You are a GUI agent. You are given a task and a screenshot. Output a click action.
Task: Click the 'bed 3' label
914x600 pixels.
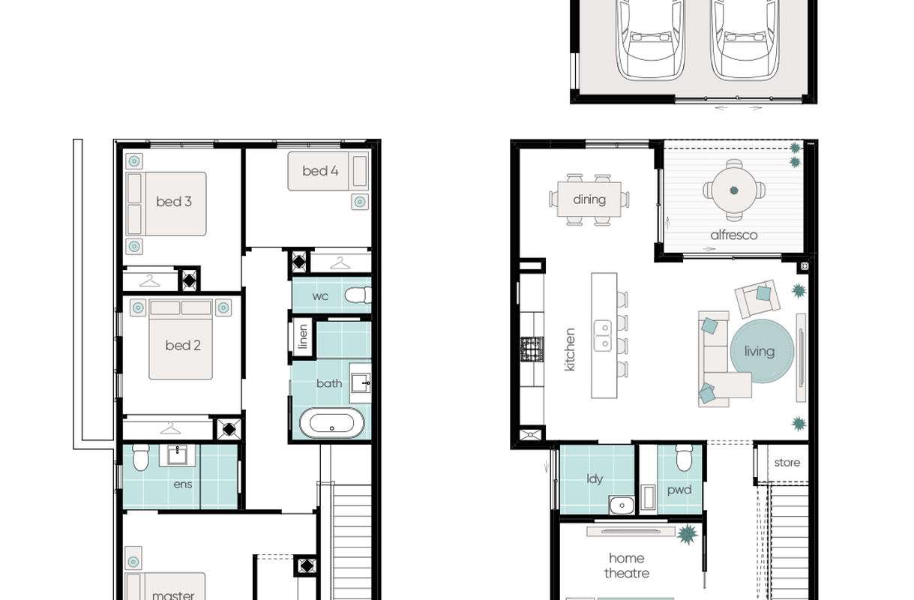[x=174, y=201]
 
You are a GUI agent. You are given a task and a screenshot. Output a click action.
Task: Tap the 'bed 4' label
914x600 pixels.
[x=320, y=170]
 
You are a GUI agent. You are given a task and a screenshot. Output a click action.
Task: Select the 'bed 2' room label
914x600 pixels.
[x=183, y=345]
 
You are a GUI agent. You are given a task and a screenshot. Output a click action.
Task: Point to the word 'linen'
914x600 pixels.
[x=303, y=337]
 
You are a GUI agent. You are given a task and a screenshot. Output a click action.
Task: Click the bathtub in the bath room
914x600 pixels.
[x=331, y=423]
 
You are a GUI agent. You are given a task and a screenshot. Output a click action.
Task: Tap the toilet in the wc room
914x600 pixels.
[x=358, y=295]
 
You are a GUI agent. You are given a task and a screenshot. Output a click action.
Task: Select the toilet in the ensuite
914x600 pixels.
[x=141, y=457]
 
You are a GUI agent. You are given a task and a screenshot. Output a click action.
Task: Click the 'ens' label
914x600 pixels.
[x=182, y=484]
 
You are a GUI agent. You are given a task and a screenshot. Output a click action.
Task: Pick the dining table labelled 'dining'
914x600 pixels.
[x=589, y=199]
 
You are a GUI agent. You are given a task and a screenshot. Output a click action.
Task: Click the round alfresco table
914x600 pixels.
[x=734, y=190]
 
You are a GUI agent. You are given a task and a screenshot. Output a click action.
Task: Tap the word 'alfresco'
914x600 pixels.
[x=733, y=235]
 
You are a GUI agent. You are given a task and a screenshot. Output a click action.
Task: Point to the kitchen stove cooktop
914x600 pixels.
[x=532, y=349]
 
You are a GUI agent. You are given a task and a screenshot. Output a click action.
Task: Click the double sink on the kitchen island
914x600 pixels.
[x=603, y=336]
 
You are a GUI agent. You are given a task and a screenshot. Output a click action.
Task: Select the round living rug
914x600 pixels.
[x=762, y=351]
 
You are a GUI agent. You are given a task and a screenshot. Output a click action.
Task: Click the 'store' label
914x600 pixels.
[x=787, y=463]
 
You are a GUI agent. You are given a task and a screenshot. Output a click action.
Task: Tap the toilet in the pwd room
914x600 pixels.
[x=685, y=457]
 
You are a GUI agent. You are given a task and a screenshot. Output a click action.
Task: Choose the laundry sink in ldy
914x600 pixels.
[x=622, y=505]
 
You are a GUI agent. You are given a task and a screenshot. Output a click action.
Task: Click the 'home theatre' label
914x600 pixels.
[x=626, y=565]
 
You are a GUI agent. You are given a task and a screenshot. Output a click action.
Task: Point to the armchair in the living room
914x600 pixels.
[x=758, y=298]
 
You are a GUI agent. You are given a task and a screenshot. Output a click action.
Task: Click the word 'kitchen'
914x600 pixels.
[x=570, y=349]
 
